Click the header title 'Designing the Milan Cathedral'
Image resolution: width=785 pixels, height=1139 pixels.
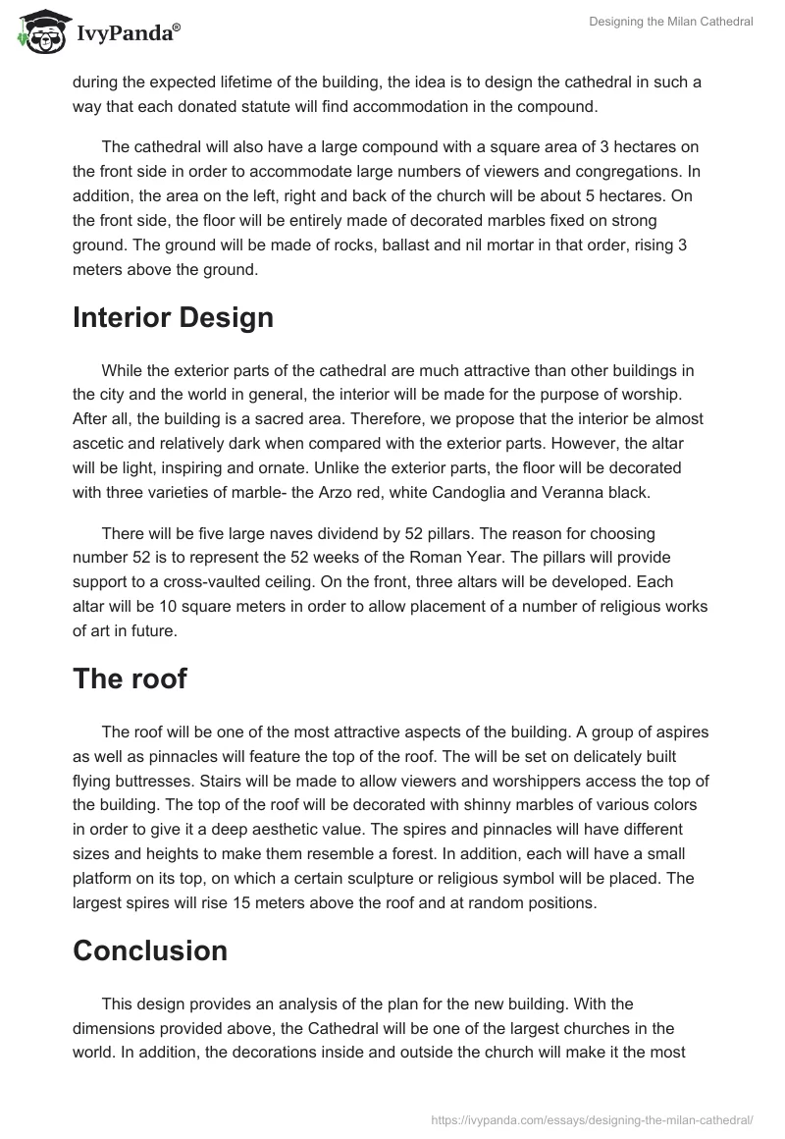pos(671,22)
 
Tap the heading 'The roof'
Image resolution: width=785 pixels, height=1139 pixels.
pos(130,678)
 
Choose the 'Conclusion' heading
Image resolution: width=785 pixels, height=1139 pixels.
pos(150,950)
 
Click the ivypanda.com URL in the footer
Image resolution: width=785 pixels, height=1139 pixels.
pos(592,1118)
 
